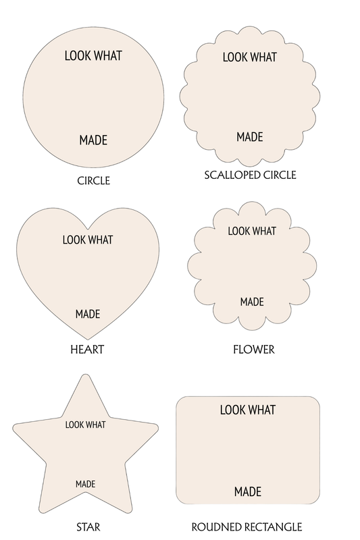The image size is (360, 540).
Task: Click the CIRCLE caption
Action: coord(93,180)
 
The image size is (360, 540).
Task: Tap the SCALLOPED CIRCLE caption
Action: coord(250,175)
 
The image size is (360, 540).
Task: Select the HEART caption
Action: coord(87,350)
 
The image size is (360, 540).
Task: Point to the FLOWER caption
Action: coord(254,350)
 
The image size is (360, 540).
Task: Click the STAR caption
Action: coord(88,527)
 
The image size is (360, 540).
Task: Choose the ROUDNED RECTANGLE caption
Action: coord(247,527)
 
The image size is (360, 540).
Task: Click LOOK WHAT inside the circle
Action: coord(93,56)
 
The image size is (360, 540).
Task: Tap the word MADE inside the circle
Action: coord(93,140)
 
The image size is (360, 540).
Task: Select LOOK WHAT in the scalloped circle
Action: coord(250,57)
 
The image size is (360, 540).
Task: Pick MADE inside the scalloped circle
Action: coord(250,137)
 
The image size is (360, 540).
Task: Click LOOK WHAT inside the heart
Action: coord(88,240)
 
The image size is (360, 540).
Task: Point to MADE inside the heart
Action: coord(88,314)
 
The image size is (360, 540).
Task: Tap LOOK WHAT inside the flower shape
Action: coord(252,231)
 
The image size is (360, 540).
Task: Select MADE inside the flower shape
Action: coord(252,302)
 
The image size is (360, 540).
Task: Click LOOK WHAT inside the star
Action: coord(85,425)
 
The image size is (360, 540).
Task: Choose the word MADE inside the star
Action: coord(85,484)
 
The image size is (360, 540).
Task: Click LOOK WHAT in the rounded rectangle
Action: coord(248,410)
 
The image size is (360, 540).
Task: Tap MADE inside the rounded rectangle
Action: coord(248,491)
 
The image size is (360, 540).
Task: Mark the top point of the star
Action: coord(85,375)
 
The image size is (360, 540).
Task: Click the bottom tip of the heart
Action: coord(88,340)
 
